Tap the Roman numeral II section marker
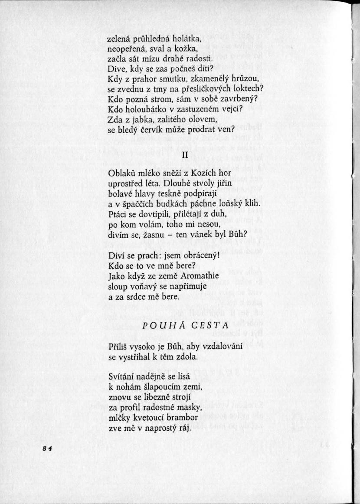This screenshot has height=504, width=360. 185,156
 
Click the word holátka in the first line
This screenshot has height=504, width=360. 183,39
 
